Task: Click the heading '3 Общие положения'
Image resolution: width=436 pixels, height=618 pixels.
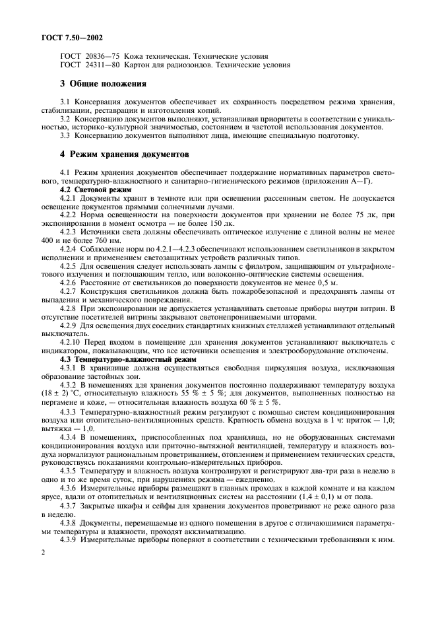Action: (103, 84)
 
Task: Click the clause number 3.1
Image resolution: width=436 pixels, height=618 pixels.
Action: (66, 102)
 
